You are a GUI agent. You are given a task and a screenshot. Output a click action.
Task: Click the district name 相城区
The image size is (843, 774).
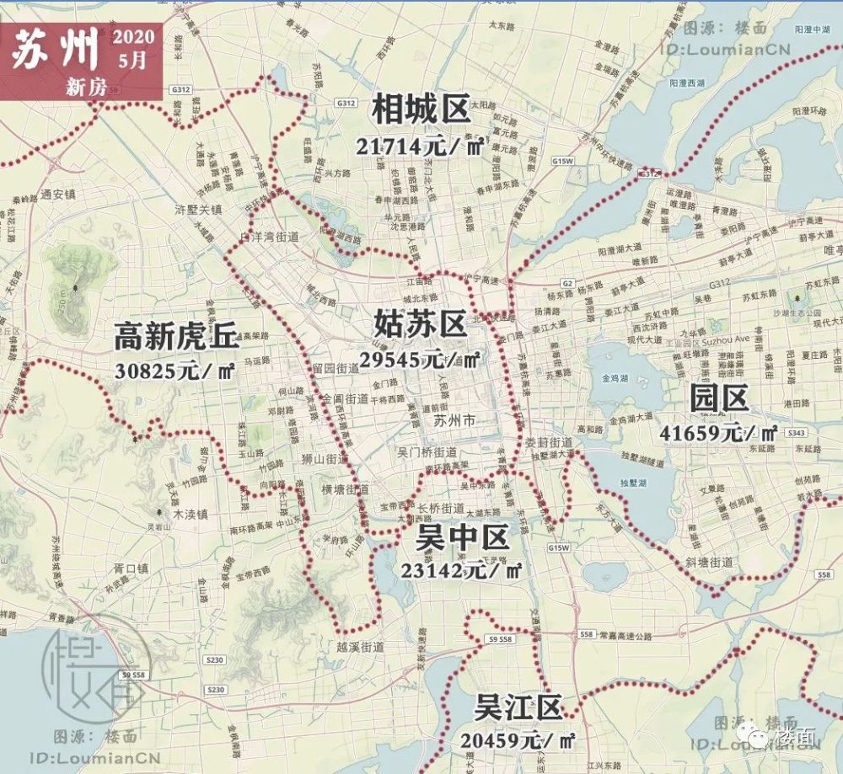point(421,109)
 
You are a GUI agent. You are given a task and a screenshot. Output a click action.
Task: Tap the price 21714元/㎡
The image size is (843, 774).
point(419,147)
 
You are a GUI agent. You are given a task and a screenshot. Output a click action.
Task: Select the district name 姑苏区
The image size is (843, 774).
point(420,323)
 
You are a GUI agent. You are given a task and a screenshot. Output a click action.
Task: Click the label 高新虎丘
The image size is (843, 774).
point(177,338)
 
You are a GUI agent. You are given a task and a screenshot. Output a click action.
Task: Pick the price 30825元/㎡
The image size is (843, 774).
point(176,371)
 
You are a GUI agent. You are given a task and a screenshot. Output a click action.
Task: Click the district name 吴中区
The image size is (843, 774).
point(463,536)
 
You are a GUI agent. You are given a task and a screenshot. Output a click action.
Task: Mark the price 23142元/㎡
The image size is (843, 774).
point(463,569)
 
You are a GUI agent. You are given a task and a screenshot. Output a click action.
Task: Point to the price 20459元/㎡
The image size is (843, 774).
point(518,741)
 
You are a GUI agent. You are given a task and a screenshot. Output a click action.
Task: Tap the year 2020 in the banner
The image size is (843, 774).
point(132,38)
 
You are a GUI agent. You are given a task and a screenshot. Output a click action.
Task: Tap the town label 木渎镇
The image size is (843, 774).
point(189,513)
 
